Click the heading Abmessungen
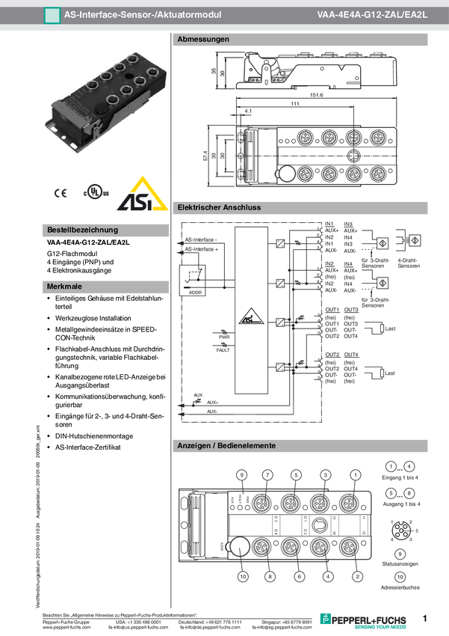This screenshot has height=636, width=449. tap(203, 39)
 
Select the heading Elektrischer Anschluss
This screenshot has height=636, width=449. tap(219, 207)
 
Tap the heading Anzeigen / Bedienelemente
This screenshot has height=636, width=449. tap(226, 446)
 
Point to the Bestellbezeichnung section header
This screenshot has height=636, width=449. tap(82, 230)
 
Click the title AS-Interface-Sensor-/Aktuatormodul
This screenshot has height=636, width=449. tap(142, 13)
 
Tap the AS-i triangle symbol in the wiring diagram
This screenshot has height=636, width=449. tap(250, 317)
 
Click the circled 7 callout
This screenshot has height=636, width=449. tap(267, 474)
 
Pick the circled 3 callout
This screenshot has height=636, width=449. tap(326, 474)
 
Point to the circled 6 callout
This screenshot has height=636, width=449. tap(299, 576)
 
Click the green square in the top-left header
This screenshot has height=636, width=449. tap(52, 14)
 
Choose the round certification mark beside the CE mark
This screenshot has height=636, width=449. tap(93, 192)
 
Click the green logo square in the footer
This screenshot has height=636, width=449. tap(325, 618)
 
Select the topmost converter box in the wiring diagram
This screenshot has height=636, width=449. tap(279, 242)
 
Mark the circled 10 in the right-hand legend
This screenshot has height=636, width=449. tap(400, 577)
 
